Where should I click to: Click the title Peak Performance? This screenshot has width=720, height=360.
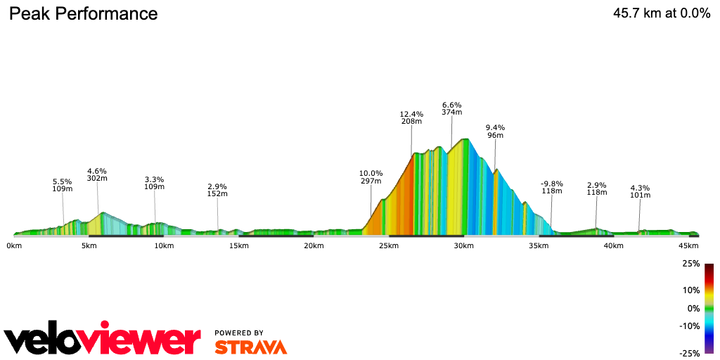tap(83, 13)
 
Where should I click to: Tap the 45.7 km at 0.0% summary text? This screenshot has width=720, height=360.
tap(662, 13)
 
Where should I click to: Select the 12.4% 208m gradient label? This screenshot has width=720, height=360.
tap(411, 117)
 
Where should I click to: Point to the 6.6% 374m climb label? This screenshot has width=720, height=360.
tap(451, 108)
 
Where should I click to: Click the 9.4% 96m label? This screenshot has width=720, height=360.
tap(495, 131)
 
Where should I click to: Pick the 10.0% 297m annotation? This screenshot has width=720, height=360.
tap(371, 177)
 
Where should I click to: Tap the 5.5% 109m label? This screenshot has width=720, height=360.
tap(63, 185)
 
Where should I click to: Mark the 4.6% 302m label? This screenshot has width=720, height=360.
tap(97, 174)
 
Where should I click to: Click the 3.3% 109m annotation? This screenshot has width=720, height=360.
tap(154, 183)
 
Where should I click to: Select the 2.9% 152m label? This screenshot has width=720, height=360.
tap(217, 190)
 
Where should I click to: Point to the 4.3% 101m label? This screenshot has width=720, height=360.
tap(640, 191)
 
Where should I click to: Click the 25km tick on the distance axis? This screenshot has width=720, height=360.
tap(389, 245)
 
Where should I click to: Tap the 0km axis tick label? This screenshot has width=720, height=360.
tap(13, 245)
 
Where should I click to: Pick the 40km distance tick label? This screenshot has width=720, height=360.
tap(614, 245)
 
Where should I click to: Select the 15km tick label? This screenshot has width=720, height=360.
tap(238, 245)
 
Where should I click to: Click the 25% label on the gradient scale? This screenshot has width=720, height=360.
tap(690, 264)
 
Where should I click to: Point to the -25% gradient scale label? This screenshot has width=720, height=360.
tap(690, 353)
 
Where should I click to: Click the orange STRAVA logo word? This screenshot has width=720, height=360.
tap(250, 347)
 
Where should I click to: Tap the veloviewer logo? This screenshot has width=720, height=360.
tap(102, 340)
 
